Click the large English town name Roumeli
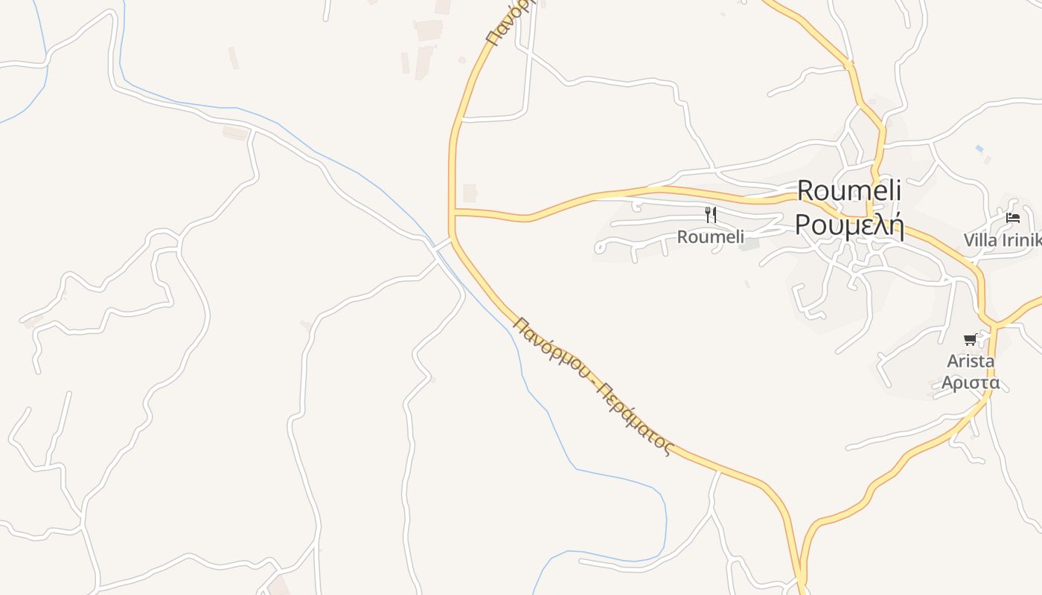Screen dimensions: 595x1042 (x=849, y=190)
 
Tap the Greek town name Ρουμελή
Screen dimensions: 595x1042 (x=849, y=224)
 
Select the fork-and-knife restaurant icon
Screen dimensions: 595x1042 (x=711, y=215)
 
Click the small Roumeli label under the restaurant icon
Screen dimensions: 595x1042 (x=710, y=237)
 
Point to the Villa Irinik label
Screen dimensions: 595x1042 (x=1002, y=240)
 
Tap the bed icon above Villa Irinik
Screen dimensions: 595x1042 (x=1013, y=218)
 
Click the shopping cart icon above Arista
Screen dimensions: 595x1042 (x=970, y=340)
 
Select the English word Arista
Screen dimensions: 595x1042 (x=971, y=361)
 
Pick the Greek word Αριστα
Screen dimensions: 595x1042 (x=971, y=383)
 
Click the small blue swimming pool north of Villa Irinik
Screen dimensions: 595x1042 (x=979, y=149)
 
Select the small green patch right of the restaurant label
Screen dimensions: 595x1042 (x=750, y=244)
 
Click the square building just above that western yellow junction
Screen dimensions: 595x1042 (x=470, y=193)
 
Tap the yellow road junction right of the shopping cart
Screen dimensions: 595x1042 (x=994, y=325)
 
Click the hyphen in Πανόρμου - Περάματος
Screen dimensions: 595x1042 (x=594, y=382)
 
